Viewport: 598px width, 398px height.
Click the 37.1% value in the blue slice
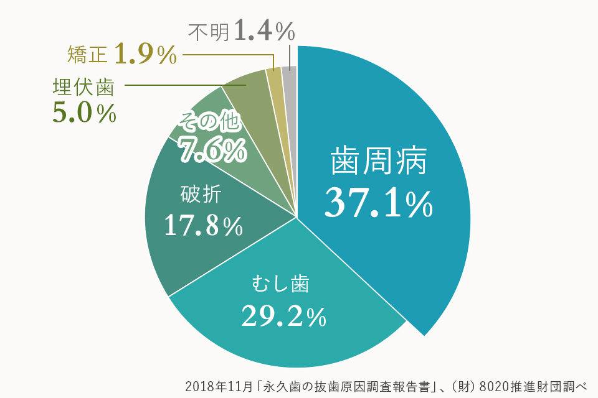[378, 203]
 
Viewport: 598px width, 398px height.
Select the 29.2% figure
[283, 317]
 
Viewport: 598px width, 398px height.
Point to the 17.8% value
[202, 227]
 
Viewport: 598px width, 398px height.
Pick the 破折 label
[201, 194]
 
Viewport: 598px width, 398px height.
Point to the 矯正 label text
[88, 55]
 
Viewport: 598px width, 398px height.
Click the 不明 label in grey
[209, 31]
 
